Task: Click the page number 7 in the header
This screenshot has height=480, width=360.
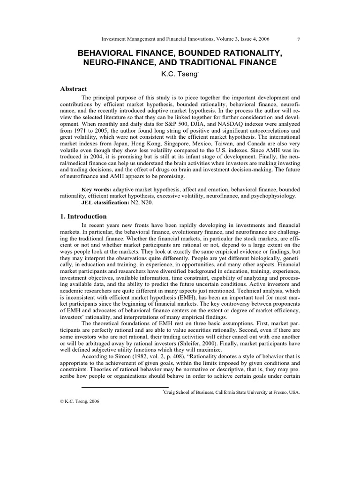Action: tap(299, 39)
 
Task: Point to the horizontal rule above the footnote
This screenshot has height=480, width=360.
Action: tap(122, 388)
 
